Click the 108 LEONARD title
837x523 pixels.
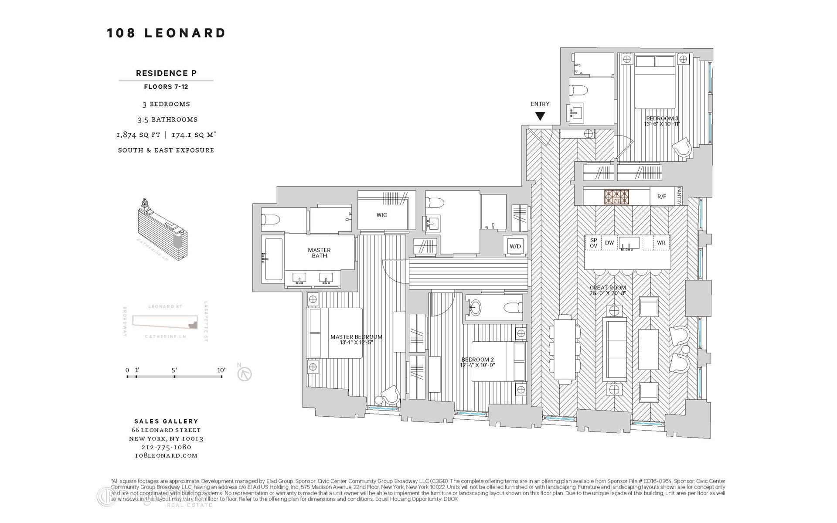[x=166, y=33]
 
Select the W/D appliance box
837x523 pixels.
[x=515, y=246]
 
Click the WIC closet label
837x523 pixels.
[x=381, y=215]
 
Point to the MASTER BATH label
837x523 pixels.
[x=319, y=253]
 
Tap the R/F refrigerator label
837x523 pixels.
[x=661, y=197]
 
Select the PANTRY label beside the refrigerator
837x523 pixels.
[x=679, y=196]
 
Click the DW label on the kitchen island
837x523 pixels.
[x=609, y=243]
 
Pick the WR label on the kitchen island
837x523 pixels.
[x=661, y=243]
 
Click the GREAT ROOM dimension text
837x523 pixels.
[x=608, y=290]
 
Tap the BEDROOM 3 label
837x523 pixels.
[x=662, y=121]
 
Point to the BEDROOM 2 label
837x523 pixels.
[x=477, y=362]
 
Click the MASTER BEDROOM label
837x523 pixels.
[x=356, y=340]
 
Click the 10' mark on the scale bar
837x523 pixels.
[x=221, y=371]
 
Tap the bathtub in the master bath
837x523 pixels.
[x=273, y=258]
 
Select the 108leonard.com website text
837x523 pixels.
[x=166, y=455]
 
